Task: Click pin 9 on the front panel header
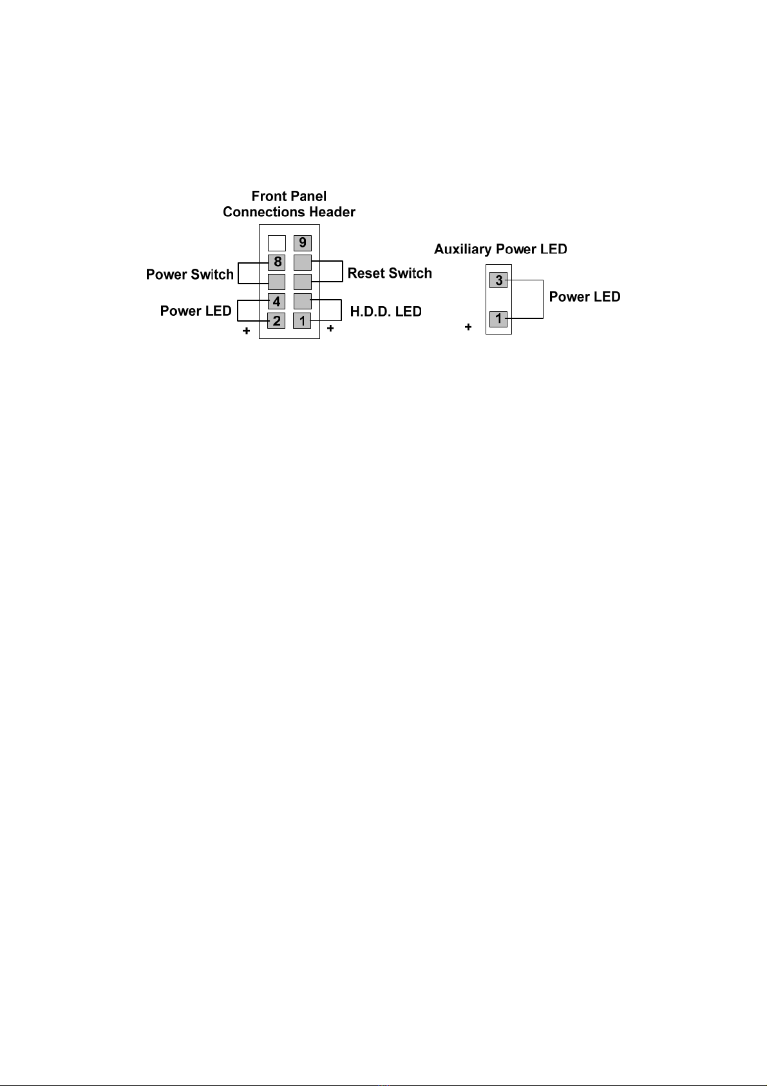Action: tap(302, 243)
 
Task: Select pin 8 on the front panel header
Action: tap(277, 262)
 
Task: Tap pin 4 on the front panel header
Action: tap(277, 301)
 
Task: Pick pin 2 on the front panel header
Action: tap(277, 320)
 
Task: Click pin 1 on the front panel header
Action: tap(302, 320)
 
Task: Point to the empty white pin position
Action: tap(277, 243)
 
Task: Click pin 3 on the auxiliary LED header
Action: tap(498, 280)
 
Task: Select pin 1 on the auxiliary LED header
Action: tap(498, 319)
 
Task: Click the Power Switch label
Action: tap(190, 275)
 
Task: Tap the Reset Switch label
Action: tap(390, 273)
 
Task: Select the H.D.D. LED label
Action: tap(386, 311)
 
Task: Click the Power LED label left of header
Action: tap(196, 311)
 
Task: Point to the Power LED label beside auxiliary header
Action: tap(585, 296)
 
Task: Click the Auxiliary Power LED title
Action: tap(500, 249)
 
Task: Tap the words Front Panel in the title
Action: tap(289, 196)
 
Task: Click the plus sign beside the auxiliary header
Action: tap(468, 327)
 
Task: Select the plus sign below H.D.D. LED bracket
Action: tap(330, 328)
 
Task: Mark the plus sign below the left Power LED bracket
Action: tap(247, 331)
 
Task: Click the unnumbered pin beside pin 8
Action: tap(302, 262)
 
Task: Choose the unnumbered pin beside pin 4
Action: tap(302, 301)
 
